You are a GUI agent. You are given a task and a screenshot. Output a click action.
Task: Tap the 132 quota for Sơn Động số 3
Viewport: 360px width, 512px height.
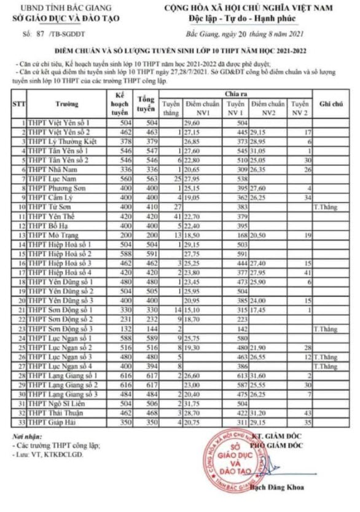click(x=123, y=329)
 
